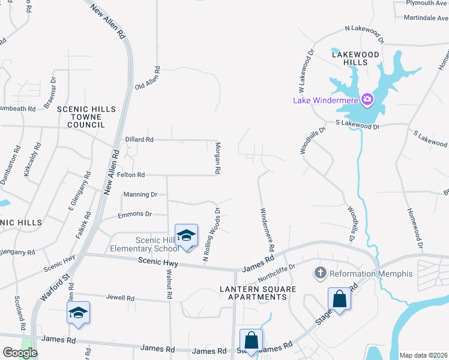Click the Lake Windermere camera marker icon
[367, 99]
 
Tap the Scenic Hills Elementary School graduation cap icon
[186, 235]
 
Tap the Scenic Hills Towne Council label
[80, 116]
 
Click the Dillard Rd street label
[139, 139]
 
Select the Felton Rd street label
[131, 175]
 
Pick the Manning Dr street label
[140, 194]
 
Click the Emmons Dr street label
[135, 214]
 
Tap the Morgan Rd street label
[218, 158]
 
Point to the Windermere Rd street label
[267, 229]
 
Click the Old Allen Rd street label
[147, 78]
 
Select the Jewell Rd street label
[120, 298]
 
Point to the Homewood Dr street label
[415, 229]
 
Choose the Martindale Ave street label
[425, 18]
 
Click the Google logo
[20, 353]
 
